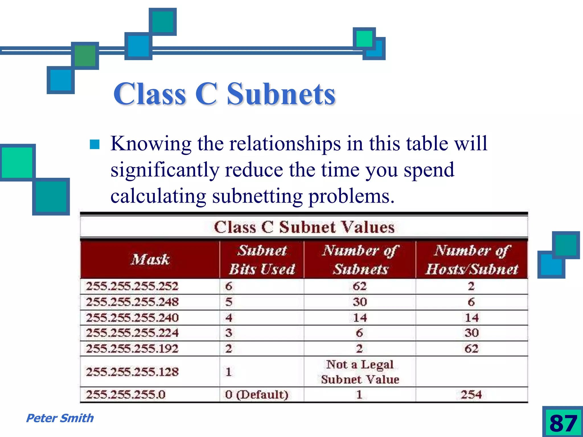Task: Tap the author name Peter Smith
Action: [x=60, y=418]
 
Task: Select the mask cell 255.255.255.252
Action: [x=132, y=286]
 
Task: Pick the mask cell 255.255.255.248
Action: [x=132, y=302]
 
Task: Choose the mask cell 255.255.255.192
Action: [x=132, y=349]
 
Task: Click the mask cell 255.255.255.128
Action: [x=132, y=372]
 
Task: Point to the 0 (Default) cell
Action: [x=256, y=395]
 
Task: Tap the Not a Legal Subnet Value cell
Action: [x=360, y=372]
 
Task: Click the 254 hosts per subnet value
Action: [x=471, y=395]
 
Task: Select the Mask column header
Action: [x=150, y=259]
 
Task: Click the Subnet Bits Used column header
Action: [x=262, y=259]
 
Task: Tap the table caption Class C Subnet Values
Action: [x=304, y=227]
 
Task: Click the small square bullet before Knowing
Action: [x=95, y=144]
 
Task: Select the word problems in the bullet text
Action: [x=352, y=196]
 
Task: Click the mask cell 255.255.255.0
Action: [x=126, y=395]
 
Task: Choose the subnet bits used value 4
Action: [x=229, y=318]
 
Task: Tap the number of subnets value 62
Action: [x=360, y=286]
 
